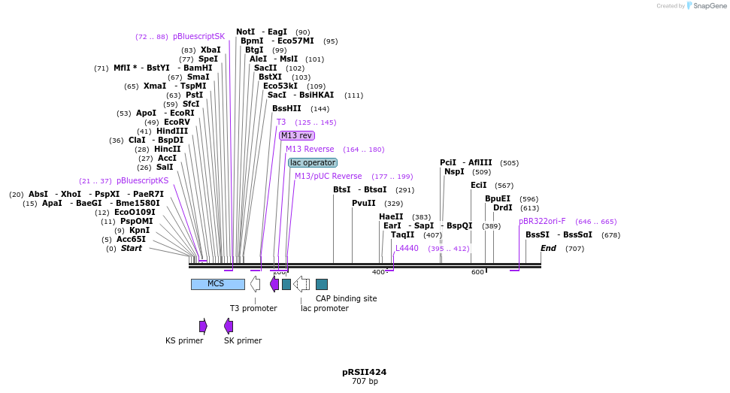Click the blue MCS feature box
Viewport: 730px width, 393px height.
pos(217,284)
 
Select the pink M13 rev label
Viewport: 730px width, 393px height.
pos(296,136)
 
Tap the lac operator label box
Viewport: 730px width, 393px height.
pos(313,163)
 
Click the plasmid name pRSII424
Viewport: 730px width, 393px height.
pos(365,372)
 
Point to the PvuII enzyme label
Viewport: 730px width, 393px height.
pos(364,204)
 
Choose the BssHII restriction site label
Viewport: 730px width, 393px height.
pos(286,109)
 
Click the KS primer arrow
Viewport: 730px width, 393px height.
pos(203,325)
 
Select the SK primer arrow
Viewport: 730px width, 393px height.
pos(229,325)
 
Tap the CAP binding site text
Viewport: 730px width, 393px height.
pos(346,298)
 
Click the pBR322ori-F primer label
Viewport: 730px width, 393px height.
pos(542,222)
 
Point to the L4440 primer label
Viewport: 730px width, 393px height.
pos(407,249)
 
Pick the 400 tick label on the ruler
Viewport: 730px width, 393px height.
pos(378,272)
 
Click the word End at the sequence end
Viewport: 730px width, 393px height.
pos(548,249)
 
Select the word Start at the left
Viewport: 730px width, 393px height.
pos(131,249)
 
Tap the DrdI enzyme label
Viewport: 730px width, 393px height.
pos(502,208)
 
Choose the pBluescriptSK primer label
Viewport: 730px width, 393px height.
pos(198,36)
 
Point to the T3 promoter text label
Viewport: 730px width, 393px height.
pos(253,308)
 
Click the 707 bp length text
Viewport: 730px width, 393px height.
pos(365,382)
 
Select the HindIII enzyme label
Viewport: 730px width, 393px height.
pos(172,132)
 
